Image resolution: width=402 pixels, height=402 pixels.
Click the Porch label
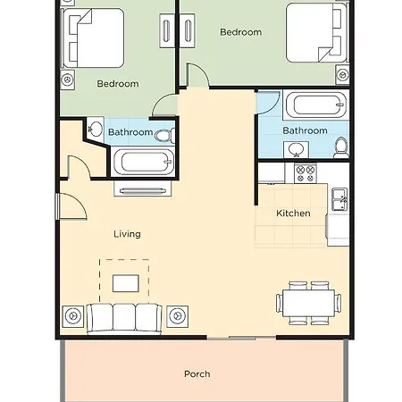pyautogui.click(x=197, y=374)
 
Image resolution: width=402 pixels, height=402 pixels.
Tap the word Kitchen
pyautogui.click(x=293, y=214)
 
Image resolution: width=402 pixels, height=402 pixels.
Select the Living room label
pyautogui.click(x=127, y=234)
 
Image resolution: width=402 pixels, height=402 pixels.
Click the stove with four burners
pyautogui.click(x=306, y=173)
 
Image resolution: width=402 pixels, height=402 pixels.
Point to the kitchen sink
pyautogui.click(x=339, y=199)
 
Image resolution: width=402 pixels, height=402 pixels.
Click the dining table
pyautogui.click(x=308, y=303)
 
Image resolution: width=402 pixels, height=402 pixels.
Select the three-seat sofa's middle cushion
pyautogui.click(x=124, y=317)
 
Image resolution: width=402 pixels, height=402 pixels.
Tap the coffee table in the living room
pyautogui.click(x=126, y=283)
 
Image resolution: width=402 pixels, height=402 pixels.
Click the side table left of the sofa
pyautogui.click(x=73, y=316)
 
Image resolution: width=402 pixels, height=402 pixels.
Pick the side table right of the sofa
pyautogui.click(x=177, y=316)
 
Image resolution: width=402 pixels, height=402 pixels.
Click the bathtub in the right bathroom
pyautogui.click(x=316, y=105)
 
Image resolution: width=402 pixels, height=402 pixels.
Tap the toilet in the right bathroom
pyautogui.click(x=341, y=147)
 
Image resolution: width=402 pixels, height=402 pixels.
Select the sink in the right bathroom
pyautogui.click(x=296, y=149)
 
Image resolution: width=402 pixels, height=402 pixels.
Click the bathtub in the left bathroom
pyautogui.click(x=143, y=162)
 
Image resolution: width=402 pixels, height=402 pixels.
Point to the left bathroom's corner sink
pyautogui.click(x=96, y=129)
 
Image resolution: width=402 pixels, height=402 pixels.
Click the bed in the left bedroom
pyautogui.click(x=93, y=38)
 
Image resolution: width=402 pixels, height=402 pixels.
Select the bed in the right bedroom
pyautogui.click(x=316, y=33)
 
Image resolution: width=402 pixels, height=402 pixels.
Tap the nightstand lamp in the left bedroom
pyautogui.click(x=67, y=80)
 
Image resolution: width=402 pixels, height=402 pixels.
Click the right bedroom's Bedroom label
pyautogui.click(x=241, y=32)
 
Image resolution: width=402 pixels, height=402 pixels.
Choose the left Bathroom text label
pyautogui.click(x=130, y=132)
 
